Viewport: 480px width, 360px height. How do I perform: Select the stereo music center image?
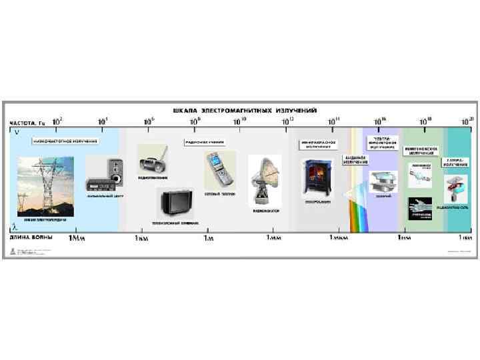coord(105,175)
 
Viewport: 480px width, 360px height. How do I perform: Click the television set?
coord(175,203)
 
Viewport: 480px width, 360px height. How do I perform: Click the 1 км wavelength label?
coord(141,237)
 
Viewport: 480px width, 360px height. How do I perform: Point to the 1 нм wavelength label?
coord(404,237)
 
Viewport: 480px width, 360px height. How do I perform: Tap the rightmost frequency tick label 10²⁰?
coord(467,121)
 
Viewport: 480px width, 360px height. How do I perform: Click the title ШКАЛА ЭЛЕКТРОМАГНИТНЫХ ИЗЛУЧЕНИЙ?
coord(245,109)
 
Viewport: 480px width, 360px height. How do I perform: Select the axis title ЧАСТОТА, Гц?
coord(27,123)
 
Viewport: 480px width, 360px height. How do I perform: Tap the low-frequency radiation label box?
coord(65,141)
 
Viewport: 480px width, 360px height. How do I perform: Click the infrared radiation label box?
coord(319,144)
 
